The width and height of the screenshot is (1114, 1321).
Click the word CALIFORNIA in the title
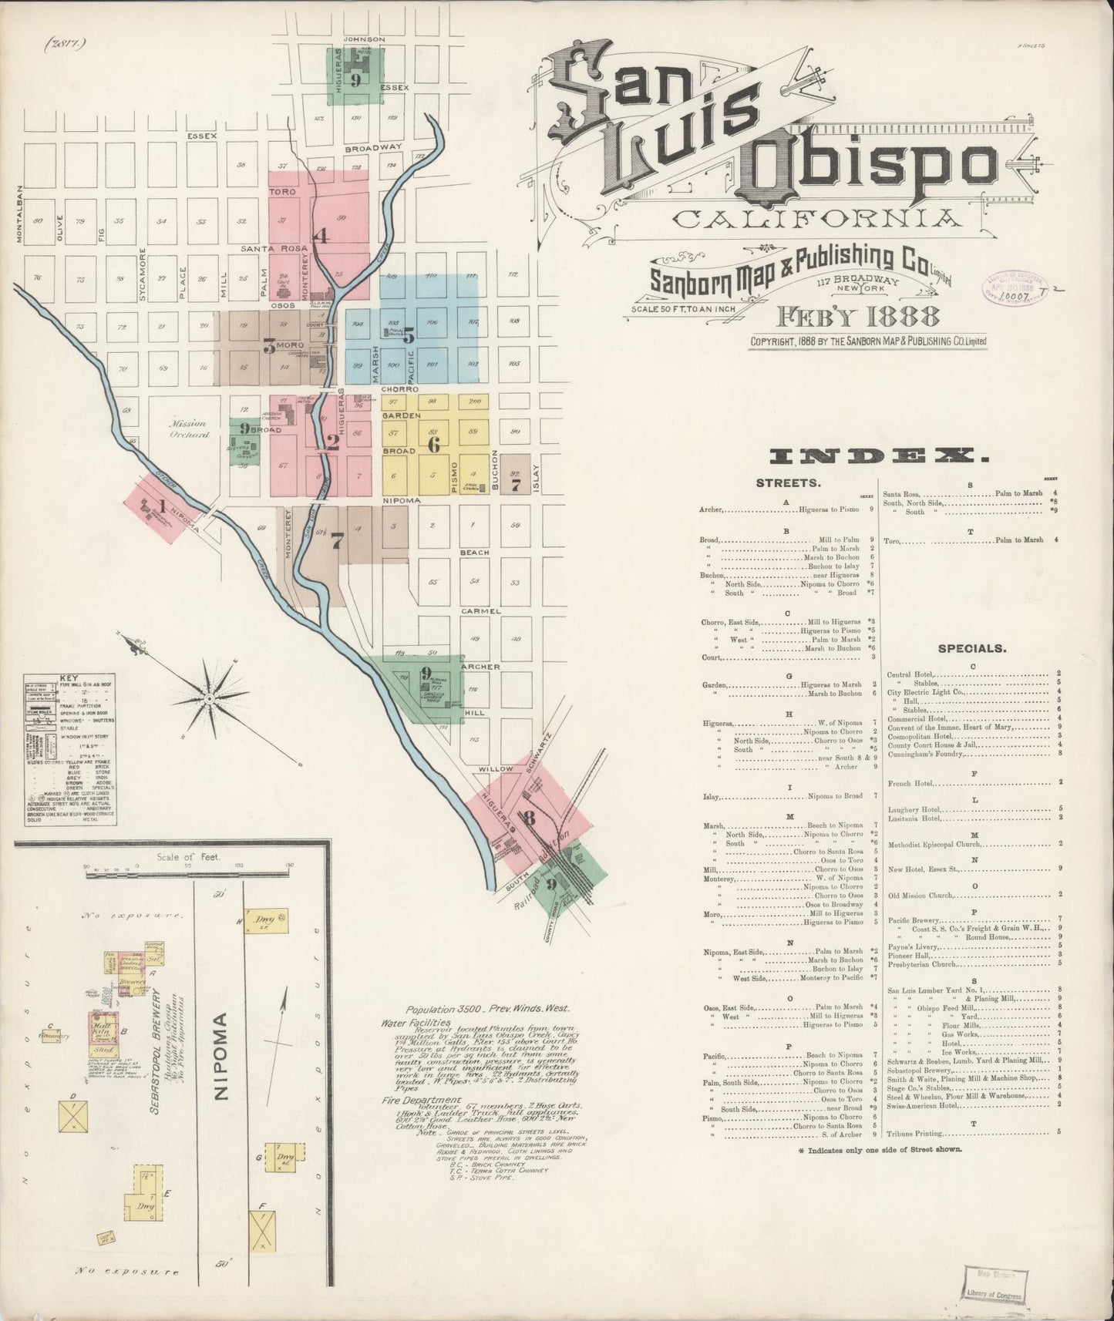pyautogui.click(x=817, y=218)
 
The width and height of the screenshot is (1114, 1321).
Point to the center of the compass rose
pyautogui.click(x=209, y=698)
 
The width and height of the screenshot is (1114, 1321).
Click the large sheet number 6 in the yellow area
pyautogui.click(x=433, y=444)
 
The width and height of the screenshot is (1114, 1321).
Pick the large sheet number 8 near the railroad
pyautogui.click(x=528, y=818)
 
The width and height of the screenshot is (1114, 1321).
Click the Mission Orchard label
pyautogui.click(x=190, y=429)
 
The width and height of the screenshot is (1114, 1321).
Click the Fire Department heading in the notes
pyautogui.click(x=420, y=1100)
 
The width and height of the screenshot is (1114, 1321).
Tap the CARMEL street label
pyautogui.click(x=481, y=611)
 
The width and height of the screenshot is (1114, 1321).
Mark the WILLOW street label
pyautogui.click(x=495, y=768)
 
